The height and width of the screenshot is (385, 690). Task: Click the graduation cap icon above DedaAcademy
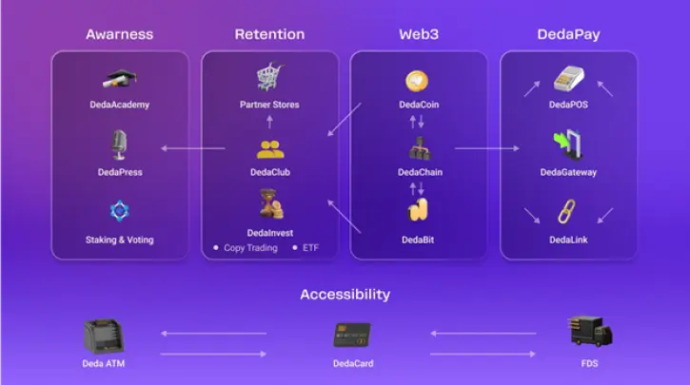(x=120, y=79)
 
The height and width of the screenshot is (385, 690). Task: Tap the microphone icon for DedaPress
(x=119, y=144)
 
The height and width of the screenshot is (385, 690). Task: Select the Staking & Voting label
(x=120, y=240)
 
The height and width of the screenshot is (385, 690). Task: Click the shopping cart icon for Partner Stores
(x=269, y=76)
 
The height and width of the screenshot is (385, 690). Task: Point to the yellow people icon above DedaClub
(x=270, y=149)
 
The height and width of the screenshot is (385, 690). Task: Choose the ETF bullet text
(x=310, y=248)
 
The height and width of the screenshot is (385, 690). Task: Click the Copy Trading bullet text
(x=251, y=248)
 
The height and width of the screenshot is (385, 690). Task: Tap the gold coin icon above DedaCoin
(x=416, y=81)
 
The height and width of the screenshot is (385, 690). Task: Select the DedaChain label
(x=420, y=172)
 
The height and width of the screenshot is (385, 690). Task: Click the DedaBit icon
(x=418, y=210)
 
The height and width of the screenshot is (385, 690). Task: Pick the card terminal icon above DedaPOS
(x=569, y=79)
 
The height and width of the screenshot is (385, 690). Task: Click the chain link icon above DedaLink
(x=567, y=211)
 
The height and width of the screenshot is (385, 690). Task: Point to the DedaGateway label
(x=568, y=172)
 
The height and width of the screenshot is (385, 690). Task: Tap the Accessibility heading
(x=345, y=294)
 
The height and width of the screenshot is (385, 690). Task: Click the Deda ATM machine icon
(x=104, y=337)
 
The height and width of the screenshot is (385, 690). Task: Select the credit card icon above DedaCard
(x=352, y=335)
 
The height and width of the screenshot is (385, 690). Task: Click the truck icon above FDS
(x=590, y=331)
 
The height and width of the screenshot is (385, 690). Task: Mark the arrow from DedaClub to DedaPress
(x=193, y=148)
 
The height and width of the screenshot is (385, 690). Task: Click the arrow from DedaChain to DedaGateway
(x=487, y=148)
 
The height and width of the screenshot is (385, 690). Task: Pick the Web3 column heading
(x=419, y=34)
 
